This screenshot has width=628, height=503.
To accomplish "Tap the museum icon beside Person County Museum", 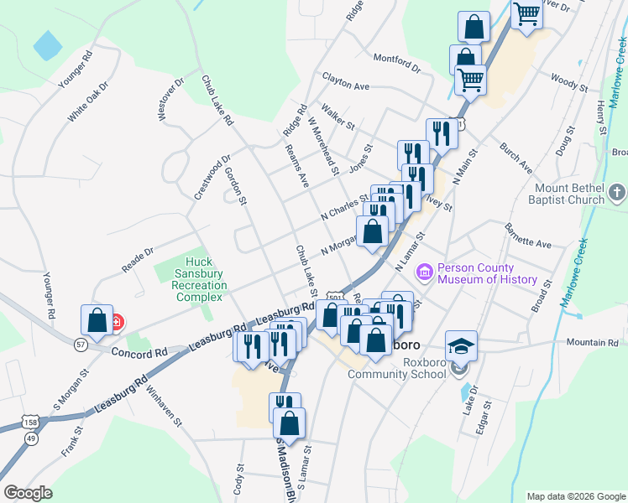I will (x=424, y=272).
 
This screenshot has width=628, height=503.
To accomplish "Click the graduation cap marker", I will (x=460, y=345).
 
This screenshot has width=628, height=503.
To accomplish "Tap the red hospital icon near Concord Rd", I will (x=117, y=321).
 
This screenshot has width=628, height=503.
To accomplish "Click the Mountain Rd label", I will (x=591, y=342).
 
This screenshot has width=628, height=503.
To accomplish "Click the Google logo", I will (x=29, y=493).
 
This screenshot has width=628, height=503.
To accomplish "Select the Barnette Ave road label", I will (x=527, y=236).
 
